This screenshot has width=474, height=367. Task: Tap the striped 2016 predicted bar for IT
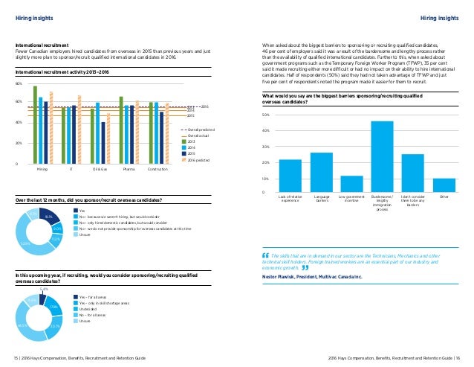[79, 130]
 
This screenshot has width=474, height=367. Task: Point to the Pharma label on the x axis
[127, 170]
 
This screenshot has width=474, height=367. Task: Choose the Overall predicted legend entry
[200, 130]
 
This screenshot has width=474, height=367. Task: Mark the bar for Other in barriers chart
[444, 185]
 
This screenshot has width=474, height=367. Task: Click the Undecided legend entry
[91, 309]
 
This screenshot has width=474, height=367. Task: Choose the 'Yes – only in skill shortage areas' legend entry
[104, 303]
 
